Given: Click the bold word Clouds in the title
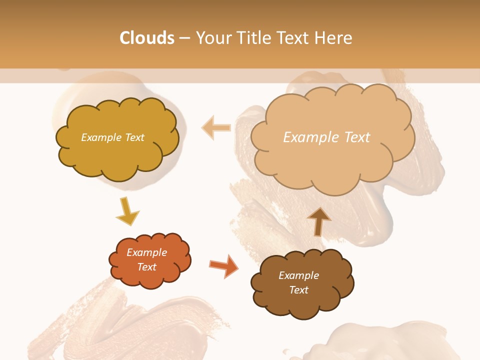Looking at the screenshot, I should pyautogui.click(x=146, y=38).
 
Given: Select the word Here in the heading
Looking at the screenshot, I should pyautogui.click(x=334, y=38).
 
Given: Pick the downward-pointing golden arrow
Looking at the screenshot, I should pyautogui.click(x=127, y=211).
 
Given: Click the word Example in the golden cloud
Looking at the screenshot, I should pyautogui.click(x=101, y=137).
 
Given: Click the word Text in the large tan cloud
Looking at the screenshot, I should pyautogui.click(x=353, y=137).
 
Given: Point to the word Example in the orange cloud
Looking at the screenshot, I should pyautogui.click(x=147, y=252).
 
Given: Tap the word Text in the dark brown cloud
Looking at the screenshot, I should pyautogui.click(x=299, y=290).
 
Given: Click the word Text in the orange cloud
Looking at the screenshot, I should pyautogui.click(x=147, y=267).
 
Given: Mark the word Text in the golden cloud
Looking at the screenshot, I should pyautogui.click(x=134, y=137).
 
